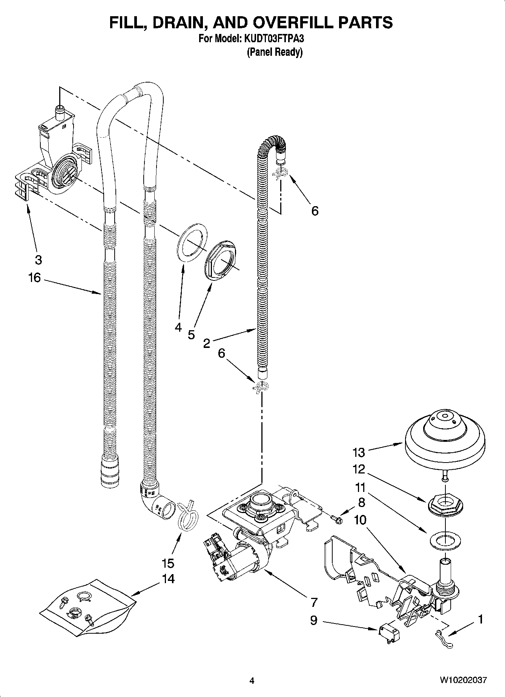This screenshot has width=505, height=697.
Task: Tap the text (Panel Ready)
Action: coord(275,52)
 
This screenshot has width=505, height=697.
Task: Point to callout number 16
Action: coord(34,278)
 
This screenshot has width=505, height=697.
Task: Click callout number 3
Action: coord(38,260)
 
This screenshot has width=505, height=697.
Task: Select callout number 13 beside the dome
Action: coord(359,451)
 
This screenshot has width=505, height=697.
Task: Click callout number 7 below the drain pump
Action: coord(314,602)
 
